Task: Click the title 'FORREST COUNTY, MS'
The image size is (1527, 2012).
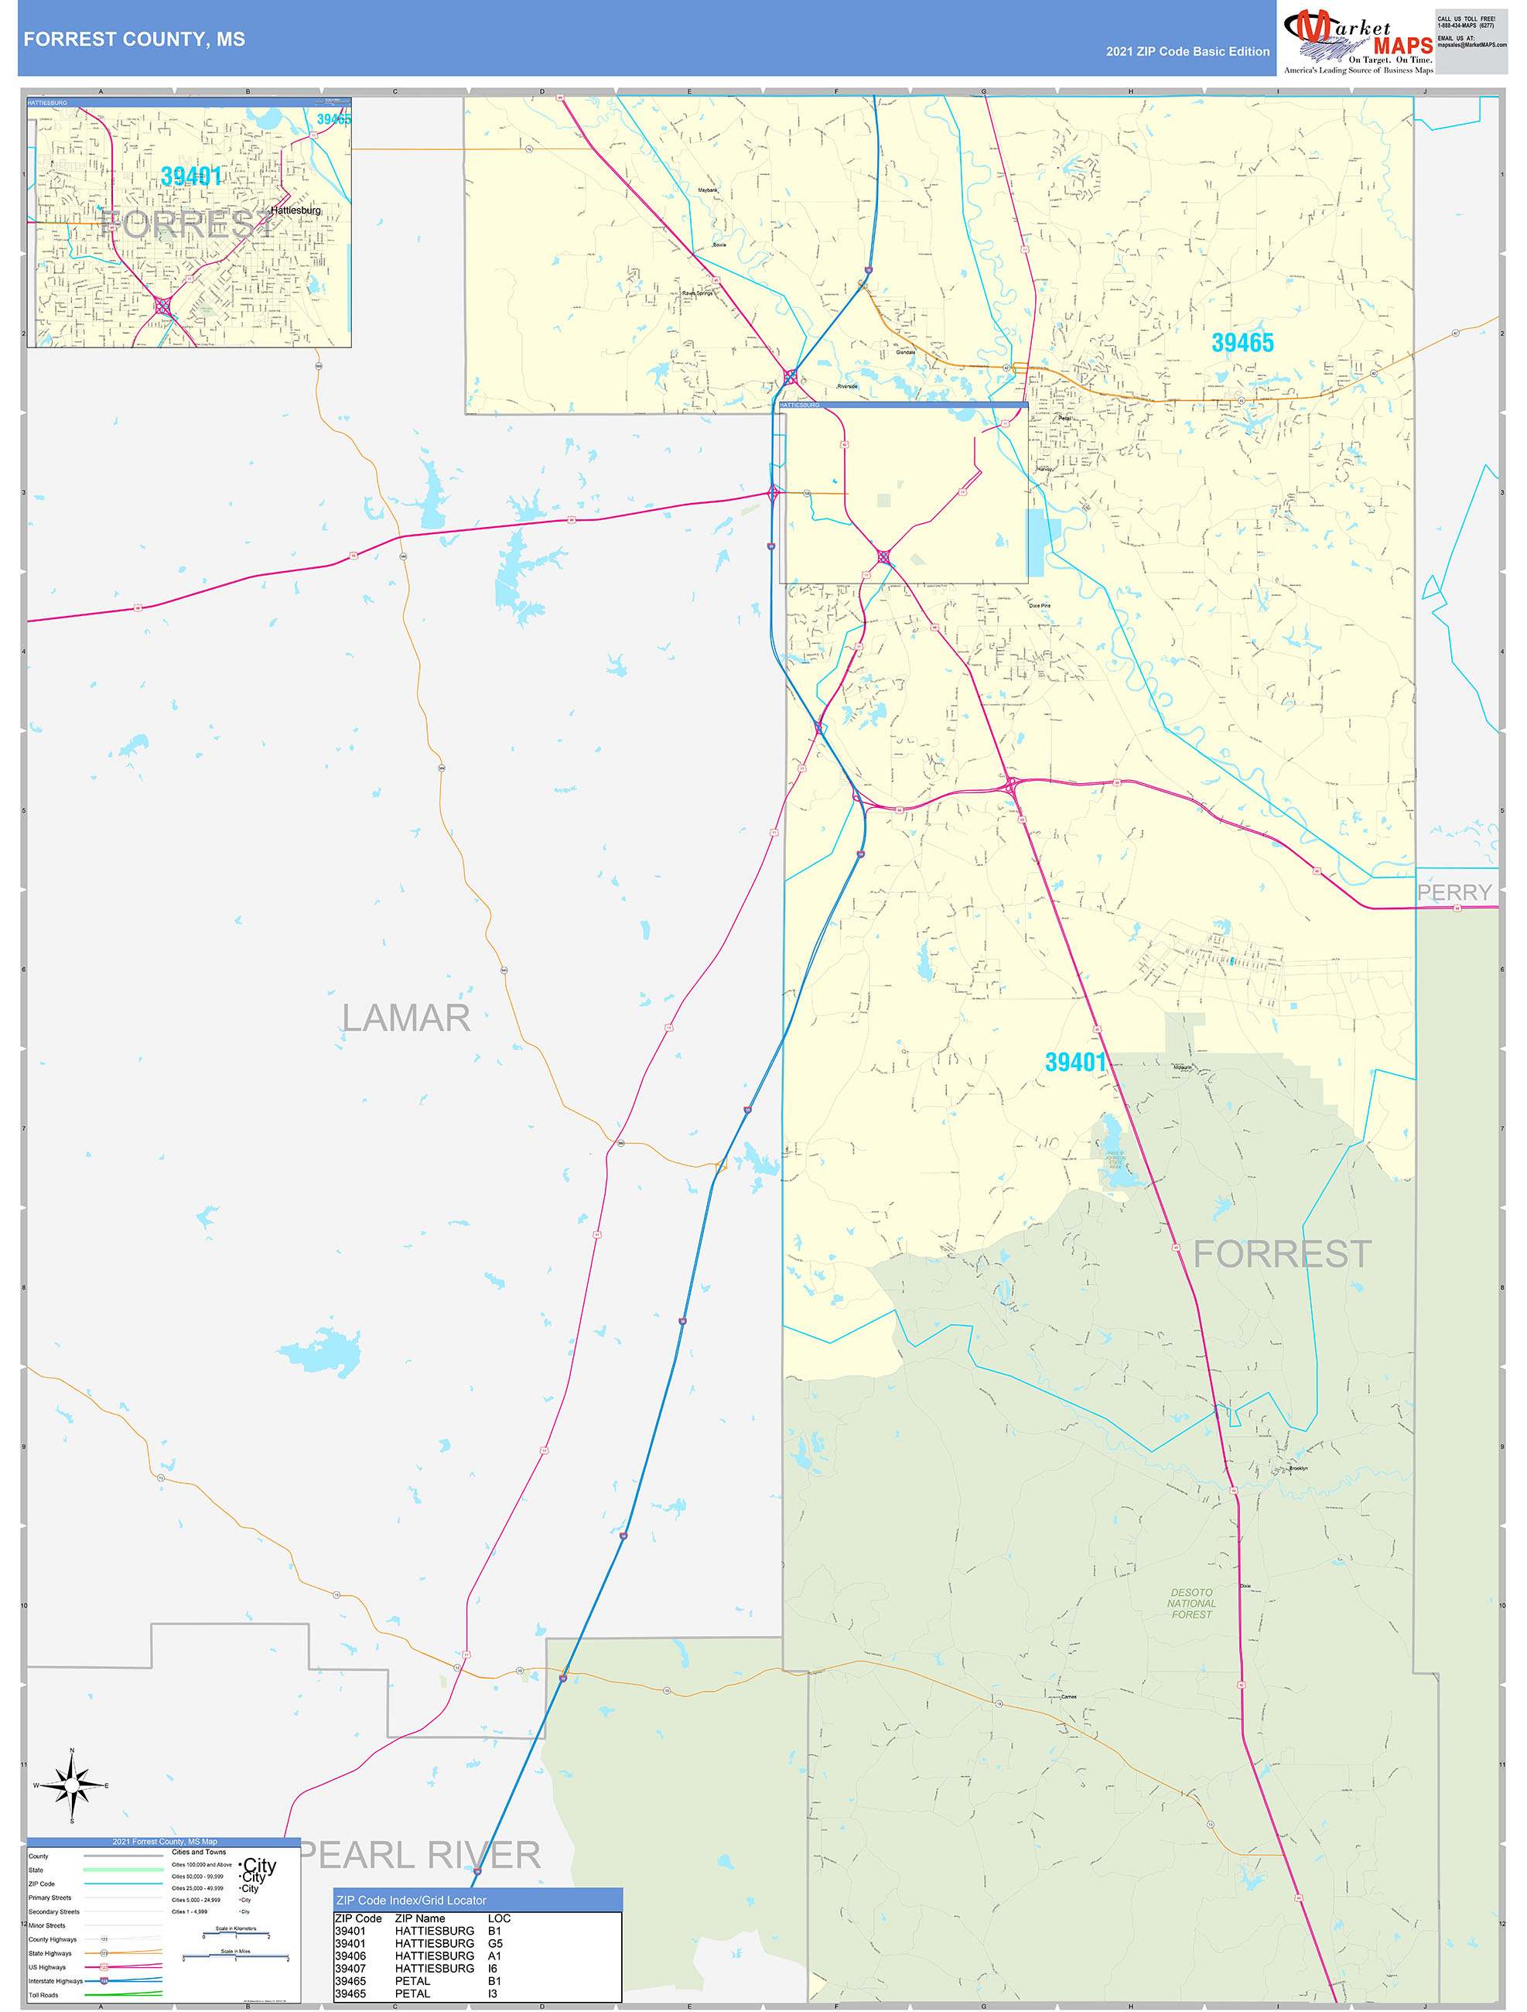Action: click(135, 39)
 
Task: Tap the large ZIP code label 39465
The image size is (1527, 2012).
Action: click(1242, 343)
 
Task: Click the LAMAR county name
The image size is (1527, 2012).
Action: click(405, 1018)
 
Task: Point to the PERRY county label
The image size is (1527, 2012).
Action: click(1454, 892)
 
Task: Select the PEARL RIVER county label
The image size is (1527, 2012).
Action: click(420, 1855)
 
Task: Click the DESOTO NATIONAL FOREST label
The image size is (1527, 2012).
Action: click(1191, 1603)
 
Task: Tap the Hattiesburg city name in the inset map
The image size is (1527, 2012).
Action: click(295, 210)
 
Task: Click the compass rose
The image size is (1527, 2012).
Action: click(72, 1785)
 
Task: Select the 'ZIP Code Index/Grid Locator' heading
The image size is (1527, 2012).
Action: click(411, 1900)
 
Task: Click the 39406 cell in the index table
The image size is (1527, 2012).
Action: click(350, 1955)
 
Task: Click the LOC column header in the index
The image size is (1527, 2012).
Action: click(499, 1918)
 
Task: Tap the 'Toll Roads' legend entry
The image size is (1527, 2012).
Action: click(43, 1995)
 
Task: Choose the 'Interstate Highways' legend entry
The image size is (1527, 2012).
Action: click(56, 1980)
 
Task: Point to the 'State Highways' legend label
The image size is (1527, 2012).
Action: click(50, 1953)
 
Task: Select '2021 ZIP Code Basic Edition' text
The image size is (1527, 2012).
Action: click(1187, 52)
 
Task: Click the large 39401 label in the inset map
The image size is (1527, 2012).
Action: click(191, 176)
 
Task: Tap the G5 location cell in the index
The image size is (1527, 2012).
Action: click(495, 1943)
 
